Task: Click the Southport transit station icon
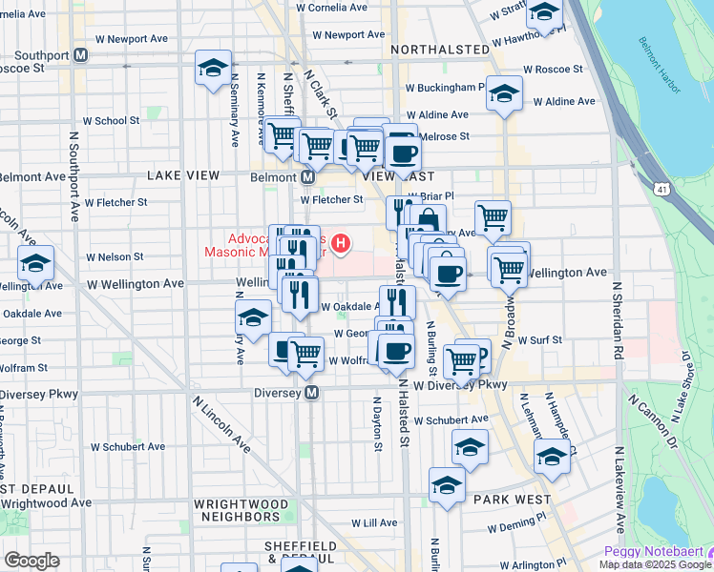pyautogui.click(x=81, y=54)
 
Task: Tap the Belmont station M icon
pyautogui.click(x=308, y=177)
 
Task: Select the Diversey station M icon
pyautogui.click(x=311, y=393)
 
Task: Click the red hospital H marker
pyautogui.click(x=340, y=244)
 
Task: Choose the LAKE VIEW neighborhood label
pyautogui.click(x=183, y=175)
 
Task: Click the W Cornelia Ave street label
pyautogui.click(x=331, y=8)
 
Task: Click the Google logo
pyautogui.click(x=31, y=561)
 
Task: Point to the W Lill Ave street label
pyautogui.click(x=374, y=523)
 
